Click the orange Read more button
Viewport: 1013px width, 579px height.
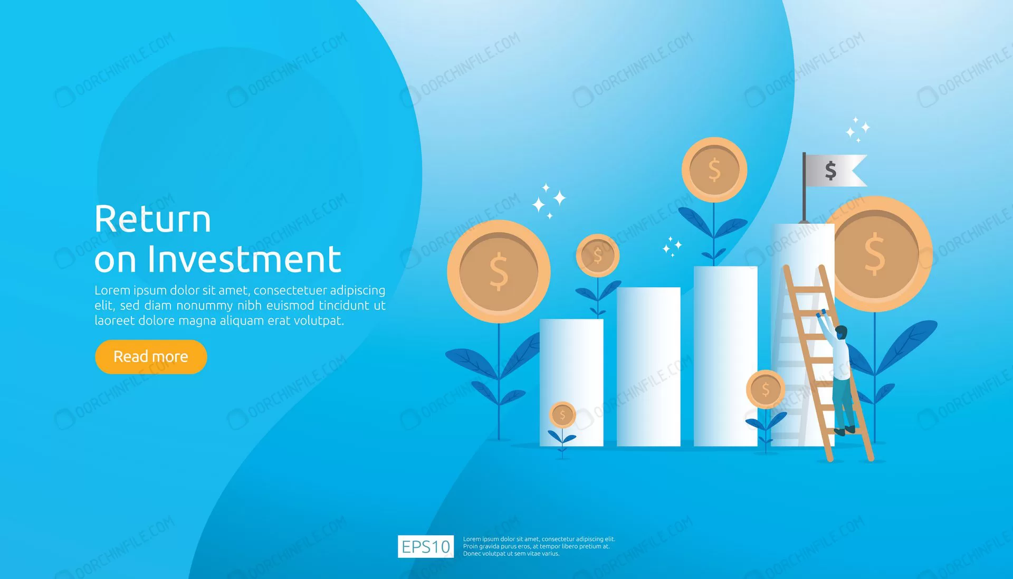[x=151, y=357]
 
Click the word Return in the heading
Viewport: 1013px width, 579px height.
[x=152, y=220]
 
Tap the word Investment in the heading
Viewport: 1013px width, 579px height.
[x=244, y=259]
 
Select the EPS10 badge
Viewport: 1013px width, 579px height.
[x=425, y=546]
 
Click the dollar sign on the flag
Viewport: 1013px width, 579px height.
[x=830, y=170]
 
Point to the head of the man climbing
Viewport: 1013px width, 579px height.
[x=842, y=333]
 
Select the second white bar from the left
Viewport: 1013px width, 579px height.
[x=648, y=367]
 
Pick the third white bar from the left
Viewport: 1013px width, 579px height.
[x=725, y=356]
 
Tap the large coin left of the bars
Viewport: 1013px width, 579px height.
[x=499, y=272]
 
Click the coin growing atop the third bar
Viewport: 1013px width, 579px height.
[x=714, y=170]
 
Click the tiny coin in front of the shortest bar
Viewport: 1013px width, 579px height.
[x=562, y=415]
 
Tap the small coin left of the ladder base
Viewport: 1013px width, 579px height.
[x=765, y=390]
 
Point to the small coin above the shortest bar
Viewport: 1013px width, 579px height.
[x=597, y=255]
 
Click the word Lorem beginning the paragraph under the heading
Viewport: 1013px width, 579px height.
[x=112, y=290]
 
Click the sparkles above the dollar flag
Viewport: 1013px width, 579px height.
[x=858, y=129]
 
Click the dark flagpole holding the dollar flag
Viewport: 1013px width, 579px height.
[x=804, y=187]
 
